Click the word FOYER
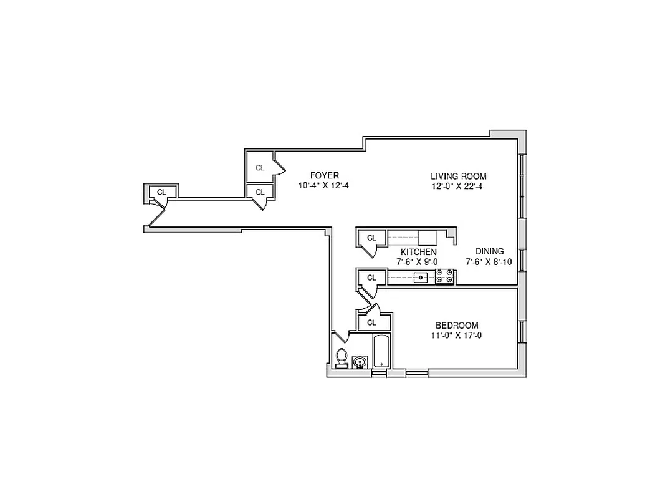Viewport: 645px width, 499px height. [x=324, y=175]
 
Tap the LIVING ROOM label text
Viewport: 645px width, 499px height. [x=458, y=176]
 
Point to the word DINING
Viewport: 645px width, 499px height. [x=489, y=251]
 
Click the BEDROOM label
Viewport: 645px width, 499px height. [x=457, y=325]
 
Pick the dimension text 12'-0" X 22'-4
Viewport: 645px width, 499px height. [x=457, y=186]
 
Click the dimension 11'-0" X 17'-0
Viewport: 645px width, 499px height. [x=457, y=336]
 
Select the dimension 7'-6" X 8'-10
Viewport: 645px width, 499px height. [x=489, y=262]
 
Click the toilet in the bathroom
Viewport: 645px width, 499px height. [x=341, y=357]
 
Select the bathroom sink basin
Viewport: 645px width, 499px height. [x=359, y=362]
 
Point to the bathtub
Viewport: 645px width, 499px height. [x=381, y=352]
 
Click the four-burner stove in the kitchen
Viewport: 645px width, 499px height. [x=444, y=276]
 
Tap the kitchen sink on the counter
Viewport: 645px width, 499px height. [x=421, y=277]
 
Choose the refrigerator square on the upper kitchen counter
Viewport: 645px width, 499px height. [x=428, y=237]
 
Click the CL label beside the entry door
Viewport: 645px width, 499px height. [x=161, y=192]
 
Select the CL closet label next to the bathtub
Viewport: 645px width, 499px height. [x=372, y=322]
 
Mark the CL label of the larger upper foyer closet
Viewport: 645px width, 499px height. [x=260, y=167]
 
